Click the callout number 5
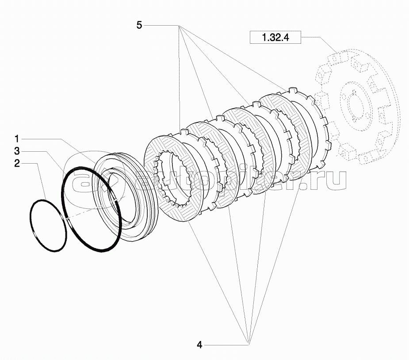pos(139,25)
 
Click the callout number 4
pos(199,345)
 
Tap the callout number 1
pos(17,139)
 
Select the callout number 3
pos(17,151)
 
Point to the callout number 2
pos(17,164)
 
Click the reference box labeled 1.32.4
pos(275,37)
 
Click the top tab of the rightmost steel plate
pos(293,90)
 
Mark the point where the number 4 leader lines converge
pos(249,345)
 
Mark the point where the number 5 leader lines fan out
pos(179,25)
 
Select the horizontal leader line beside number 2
pos(29,164)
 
